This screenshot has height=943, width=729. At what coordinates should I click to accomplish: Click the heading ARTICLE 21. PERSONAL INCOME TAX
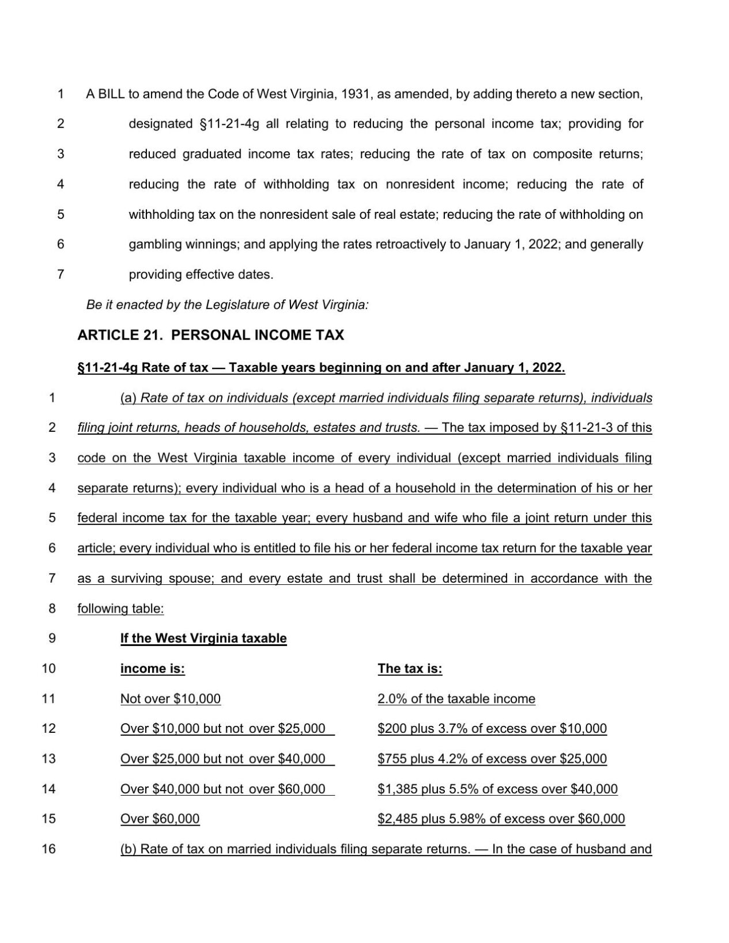(210, 335)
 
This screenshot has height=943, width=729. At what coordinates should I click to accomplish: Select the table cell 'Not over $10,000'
(170, 699)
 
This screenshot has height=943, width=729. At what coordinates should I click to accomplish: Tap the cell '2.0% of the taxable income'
(456, 699)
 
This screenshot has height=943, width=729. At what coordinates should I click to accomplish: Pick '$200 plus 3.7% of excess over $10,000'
(492, 729)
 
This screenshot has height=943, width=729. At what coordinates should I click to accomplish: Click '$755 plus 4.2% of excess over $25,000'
(492, 759)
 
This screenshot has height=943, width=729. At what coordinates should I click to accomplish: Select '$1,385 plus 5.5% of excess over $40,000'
(497, 789)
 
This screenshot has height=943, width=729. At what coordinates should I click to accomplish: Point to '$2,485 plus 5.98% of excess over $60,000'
(501, 819)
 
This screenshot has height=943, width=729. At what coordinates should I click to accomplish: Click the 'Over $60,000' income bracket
(160, 819)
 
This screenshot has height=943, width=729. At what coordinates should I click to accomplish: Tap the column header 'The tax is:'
(410, 668)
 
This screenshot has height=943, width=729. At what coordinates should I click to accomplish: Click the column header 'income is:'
(152, 668)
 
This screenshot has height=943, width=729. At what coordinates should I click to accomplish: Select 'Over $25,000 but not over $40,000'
(222, 759)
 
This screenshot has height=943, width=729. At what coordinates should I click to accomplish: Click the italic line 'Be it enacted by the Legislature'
(227, 305)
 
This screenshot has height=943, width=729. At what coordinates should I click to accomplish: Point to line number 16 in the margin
(49, 849)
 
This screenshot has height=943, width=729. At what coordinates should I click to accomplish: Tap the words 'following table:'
(120, 609)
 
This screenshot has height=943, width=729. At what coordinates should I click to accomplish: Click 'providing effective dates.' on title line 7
(201, 275)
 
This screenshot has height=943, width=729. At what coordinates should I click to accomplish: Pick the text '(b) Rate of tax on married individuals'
(229, 849)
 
